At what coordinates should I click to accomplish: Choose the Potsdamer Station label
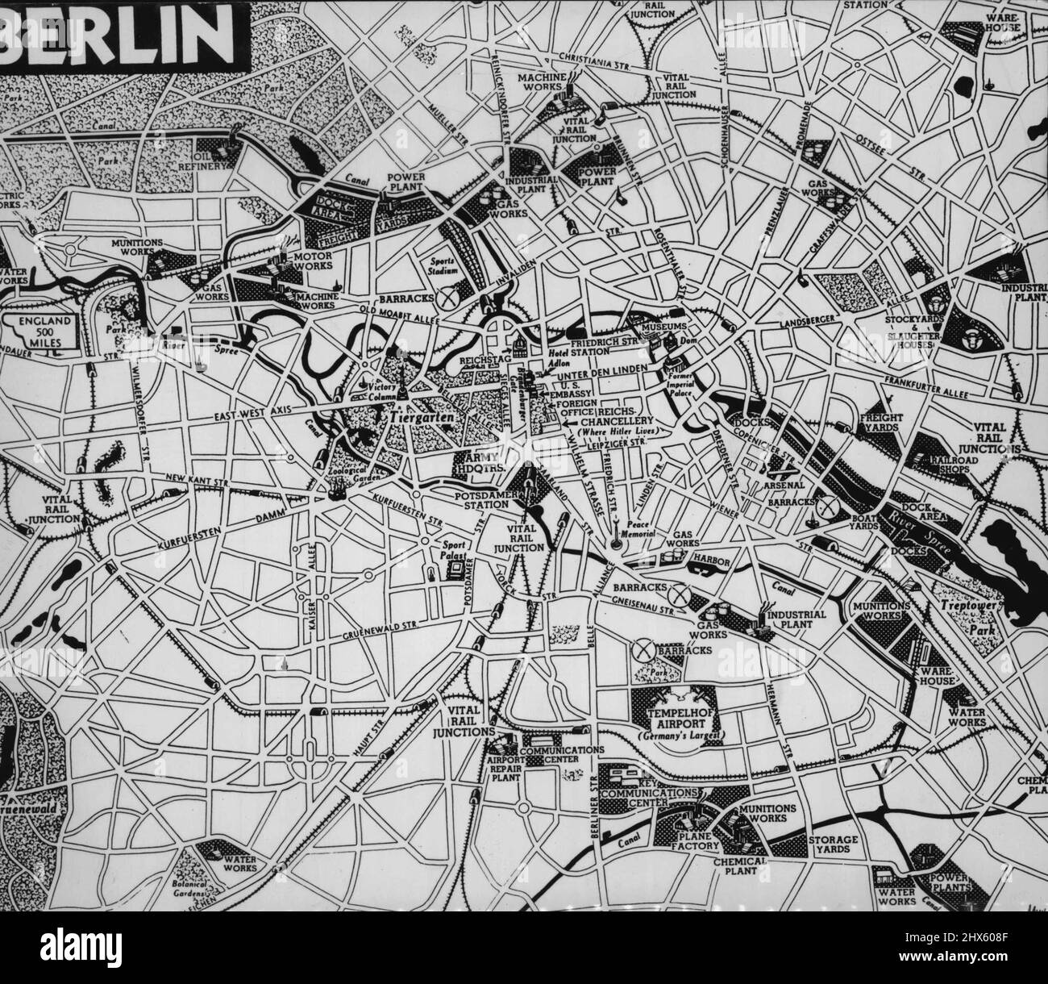pos(480,498)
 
